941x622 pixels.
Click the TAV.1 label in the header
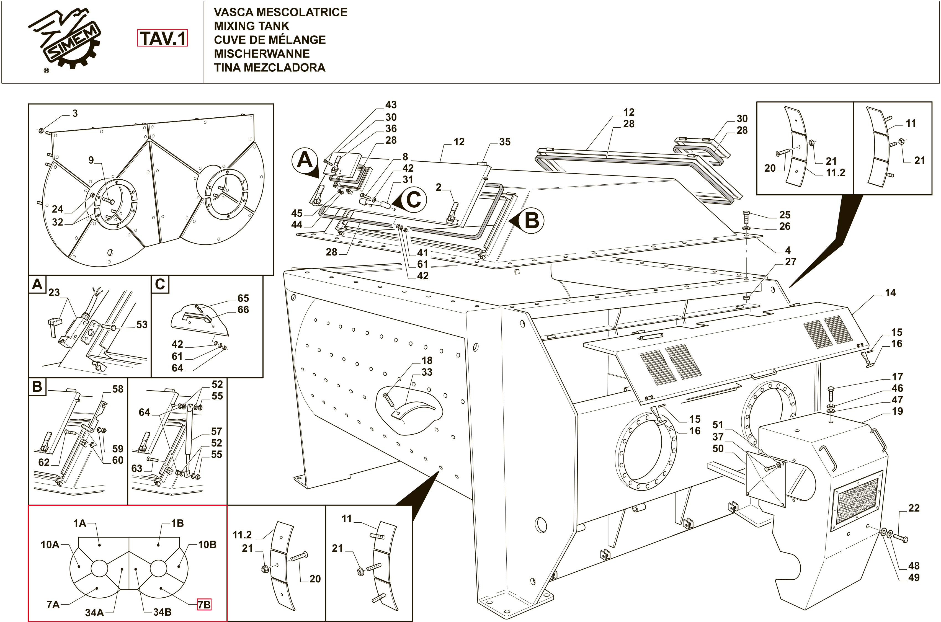pos(162,38)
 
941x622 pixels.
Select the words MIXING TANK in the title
pos(252,26)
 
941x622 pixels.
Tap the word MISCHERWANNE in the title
pos(262,53)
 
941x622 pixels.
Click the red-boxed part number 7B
pos(204,605)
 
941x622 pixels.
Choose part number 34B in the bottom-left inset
pos(162,612)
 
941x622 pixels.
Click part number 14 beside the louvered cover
pos(890,293)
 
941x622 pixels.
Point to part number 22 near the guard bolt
pos(914,508)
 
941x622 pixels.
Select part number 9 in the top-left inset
pos(91,160)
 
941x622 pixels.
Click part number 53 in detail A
pos(142,324)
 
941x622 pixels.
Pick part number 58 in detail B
pos(118,389)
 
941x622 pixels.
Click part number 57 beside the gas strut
pos(216,431)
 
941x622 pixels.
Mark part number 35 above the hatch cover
pos(505,142)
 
